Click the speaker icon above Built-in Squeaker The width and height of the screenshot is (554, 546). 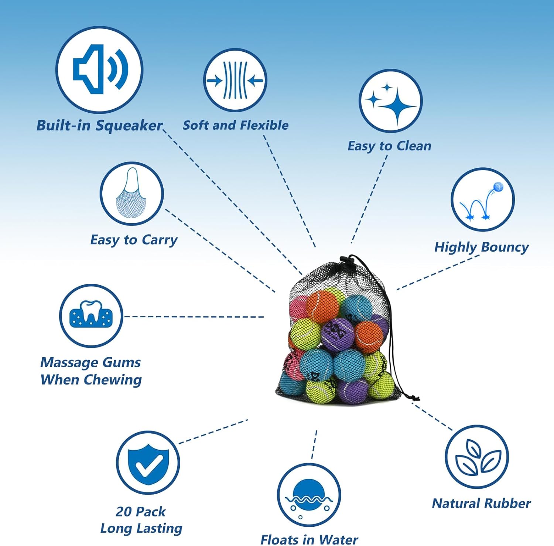99,69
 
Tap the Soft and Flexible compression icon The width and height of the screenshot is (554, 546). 235,80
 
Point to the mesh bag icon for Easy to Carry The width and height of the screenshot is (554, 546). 131,194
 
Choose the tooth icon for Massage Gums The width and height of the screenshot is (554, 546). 91,315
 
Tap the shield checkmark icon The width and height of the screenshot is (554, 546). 148,463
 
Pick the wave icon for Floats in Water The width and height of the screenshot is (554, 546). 309,495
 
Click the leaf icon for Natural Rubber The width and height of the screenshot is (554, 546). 477,457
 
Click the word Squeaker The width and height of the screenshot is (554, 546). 129,126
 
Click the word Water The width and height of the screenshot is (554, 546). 338,540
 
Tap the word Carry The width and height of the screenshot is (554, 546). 160,240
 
